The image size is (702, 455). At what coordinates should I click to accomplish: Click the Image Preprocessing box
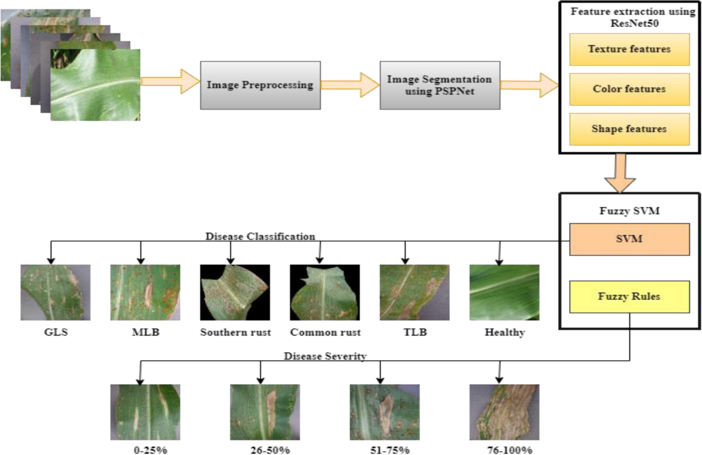(260, 85)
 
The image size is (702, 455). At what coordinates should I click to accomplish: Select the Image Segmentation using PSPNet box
(439, 85)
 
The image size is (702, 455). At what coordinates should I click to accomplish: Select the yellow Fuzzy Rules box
(629, 296)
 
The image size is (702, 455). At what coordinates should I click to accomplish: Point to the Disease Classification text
(261, 237)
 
